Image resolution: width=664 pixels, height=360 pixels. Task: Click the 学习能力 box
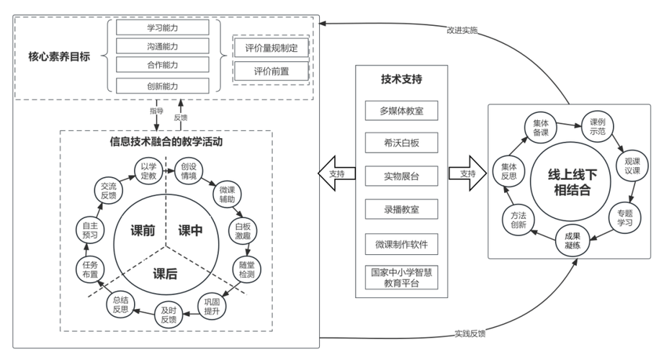pos(163,27)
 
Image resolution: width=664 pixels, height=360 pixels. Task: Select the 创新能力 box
pos(163,86)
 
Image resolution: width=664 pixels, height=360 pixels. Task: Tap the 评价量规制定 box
pos(271,48)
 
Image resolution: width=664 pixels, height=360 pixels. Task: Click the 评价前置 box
pos(271,71)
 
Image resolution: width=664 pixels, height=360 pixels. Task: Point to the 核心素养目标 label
pos(55,55)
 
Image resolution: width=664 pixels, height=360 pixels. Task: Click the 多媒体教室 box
pos(401,111)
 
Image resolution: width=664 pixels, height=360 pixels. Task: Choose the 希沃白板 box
pos(401,143)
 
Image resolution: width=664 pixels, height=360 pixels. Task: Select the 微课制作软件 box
pos(401,245)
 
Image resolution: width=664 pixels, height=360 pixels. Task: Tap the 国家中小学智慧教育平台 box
pos(401,278)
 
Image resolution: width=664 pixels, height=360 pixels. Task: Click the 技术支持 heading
pos(401,78)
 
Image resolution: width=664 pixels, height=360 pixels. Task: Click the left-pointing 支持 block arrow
pos(336,174)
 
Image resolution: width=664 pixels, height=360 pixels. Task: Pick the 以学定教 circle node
pos(148,171)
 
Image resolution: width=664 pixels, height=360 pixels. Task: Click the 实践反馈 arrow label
pos(470,333)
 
